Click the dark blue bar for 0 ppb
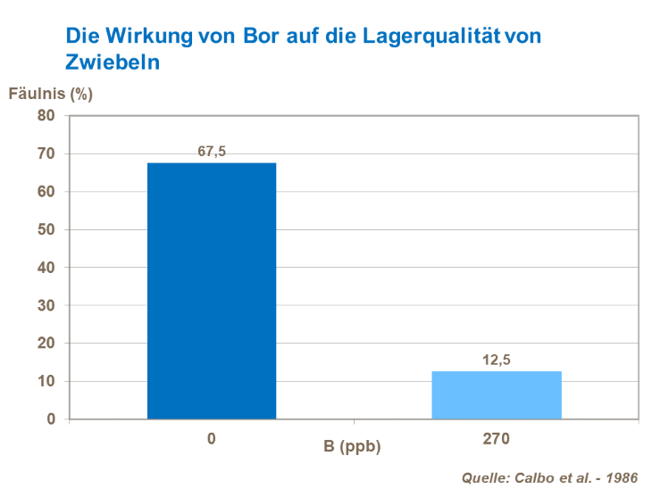212,290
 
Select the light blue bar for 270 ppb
497,394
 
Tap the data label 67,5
212,152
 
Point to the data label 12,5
497,360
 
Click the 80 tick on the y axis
46,115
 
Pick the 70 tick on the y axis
46,153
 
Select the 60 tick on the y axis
46,191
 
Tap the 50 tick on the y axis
46,229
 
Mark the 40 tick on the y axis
46,267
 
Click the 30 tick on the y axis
46,305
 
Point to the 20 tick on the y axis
46,343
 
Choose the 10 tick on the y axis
46,381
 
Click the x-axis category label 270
497,439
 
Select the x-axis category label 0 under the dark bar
212,439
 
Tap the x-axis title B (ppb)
353,446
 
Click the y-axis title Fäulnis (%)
51,92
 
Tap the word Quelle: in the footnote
485,477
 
